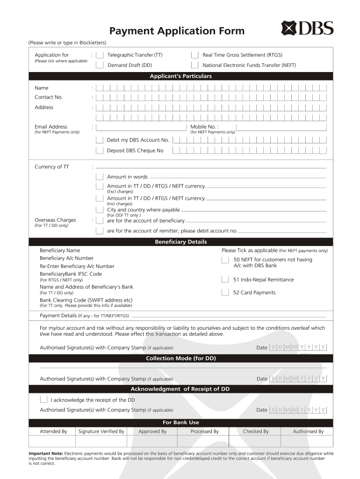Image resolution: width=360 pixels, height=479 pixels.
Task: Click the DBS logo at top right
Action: click(x=307, y=29)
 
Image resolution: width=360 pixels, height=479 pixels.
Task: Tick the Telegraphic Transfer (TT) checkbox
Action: click(x=100, y=55)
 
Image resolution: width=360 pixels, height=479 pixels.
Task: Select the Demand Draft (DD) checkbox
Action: click(x=100, y=65)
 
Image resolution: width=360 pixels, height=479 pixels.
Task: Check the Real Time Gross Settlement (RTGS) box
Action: click(x=194, y=55)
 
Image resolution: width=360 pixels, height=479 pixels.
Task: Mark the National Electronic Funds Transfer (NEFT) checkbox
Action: click(x=194, y=65)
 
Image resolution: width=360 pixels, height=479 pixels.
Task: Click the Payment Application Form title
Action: click(x=177, y=31)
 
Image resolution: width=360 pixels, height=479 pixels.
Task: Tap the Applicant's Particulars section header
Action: click(x=180, y=76)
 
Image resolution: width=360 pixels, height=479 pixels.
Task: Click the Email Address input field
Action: click(x=141, y=127)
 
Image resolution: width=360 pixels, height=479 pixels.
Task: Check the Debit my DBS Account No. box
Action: click(x=100, y=140)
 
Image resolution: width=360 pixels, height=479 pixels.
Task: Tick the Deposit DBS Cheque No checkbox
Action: click(x=100, y=150)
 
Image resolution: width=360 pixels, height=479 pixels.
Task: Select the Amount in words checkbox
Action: click(x=100, y=177)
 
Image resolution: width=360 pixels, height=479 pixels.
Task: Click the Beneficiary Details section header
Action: click(x=180, y=242)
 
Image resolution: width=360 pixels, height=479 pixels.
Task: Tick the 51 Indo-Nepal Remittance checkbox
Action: click(x=226, y=280)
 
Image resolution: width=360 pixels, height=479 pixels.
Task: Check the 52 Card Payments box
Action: click(x=226, y=293)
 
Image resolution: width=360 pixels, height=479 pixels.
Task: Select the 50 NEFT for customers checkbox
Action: click(x=226, y=260)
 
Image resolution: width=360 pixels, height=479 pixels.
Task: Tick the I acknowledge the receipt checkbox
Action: click(x=43, y=399)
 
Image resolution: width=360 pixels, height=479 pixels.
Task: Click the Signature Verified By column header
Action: click(x=101, y=431)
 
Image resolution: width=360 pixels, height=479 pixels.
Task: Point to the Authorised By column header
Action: click(x=308, y=431)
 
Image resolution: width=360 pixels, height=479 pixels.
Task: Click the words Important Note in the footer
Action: click(x=46, y=453)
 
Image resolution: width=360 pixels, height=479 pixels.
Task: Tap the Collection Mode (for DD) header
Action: click(x=180, y=358)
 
